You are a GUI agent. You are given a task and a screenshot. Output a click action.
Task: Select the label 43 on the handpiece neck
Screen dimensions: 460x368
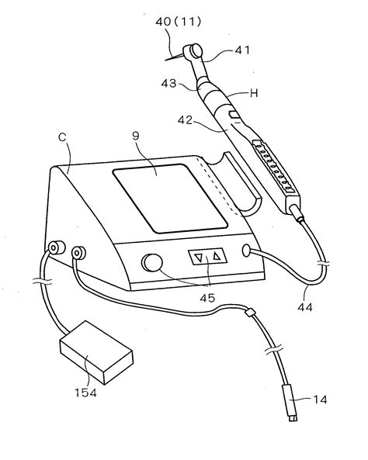click(x=169, y=82)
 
